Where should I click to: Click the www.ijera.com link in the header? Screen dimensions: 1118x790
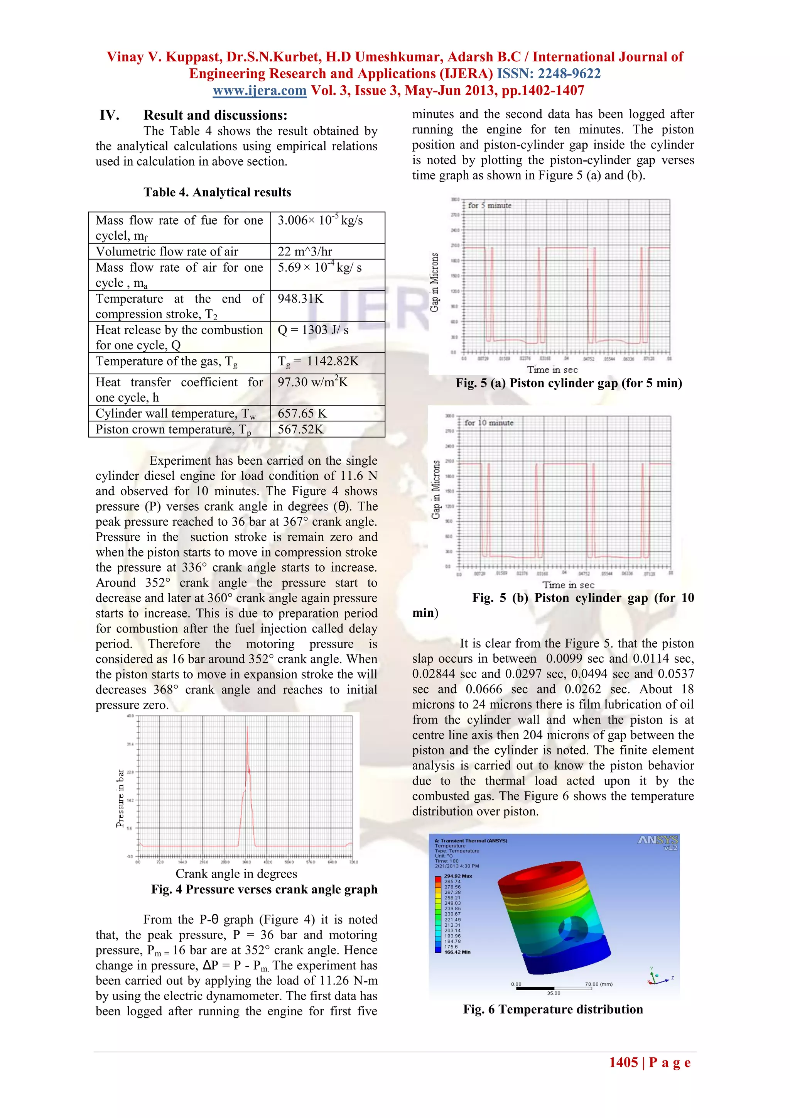coord(260,91)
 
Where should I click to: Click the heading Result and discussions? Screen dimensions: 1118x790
coord(215,115)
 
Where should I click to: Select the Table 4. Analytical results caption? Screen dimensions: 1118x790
coord(217,192)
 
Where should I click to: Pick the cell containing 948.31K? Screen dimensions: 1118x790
coord(300,299)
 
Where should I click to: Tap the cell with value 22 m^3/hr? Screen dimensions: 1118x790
coord(305,252)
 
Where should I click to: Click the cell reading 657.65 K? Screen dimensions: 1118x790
coord(302,413)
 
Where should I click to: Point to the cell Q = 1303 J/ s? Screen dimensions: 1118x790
coord(313,330)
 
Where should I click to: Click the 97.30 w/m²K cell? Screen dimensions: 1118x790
coord(313,382)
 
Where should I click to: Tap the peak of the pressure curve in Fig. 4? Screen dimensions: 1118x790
coord(247,728)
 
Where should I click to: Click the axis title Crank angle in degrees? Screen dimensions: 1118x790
coord(236,874)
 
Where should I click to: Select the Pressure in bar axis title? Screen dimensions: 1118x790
coord(120,798)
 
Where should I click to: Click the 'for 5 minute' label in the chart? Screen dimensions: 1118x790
coord(489,205)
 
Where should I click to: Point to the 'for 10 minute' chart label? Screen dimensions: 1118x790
coord(489,423)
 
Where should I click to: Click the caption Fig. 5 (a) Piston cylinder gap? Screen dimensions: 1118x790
coord(569,383)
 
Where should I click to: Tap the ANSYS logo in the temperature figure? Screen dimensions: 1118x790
coord(658,841)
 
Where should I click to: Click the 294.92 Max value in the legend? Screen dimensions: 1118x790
coord(457,876)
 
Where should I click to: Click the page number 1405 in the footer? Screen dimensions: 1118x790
coord(623,1062)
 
